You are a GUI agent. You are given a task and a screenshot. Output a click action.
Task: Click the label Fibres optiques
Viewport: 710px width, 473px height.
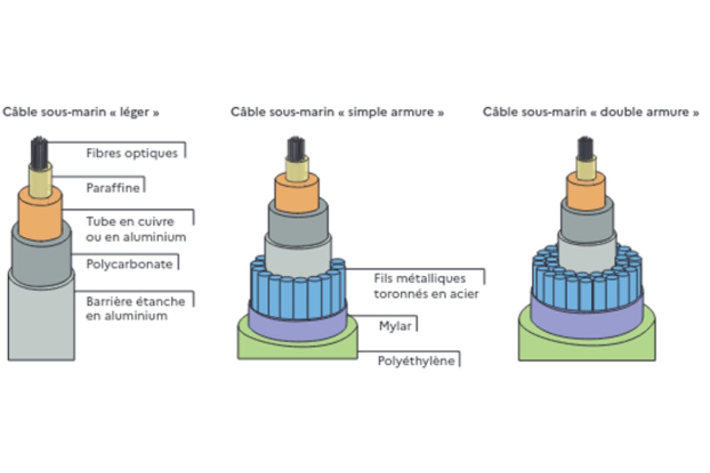pos(131,153)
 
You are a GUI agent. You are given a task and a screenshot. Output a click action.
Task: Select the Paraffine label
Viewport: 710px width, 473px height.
pos(113,188)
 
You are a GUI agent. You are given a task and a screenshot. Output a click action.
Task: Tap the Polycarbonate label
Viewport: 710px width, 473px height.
pos(130,264)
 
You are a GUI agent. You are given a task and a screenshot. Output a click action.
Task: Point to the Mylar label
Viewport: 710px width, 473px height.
pos(395,325)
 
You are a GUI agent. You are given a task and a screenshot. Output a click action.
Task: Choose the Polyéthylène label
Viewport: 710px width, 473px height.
pos(416,360)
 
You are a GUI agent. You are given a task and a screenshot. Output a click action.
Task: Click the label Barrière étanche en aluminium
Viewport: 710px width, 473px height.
pos(136,309)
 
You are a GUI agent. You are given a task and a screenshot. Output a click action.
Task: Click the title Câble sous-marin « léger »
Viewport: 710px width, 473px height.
pos(81,112)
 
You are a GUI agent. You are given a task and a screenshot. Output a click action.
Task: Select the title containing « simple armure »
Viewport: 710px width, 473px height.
pos(337,112)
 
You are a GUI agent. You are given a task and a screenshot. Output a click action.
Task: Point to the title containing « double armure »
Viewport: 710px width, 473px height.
pos(591,112)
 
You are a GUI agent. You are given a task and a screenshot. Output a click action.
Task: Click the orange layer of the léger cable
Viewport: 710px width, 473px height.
pos(40,215)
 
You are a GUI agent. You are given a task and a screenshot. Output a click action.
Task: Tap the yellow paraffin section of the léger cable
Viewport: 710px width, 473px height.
pos(41,179)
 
